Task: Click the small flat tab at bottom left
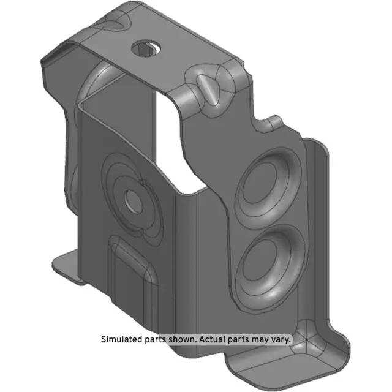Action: [x=67, y=268]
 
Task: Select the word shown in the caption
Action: [x=179, y=339]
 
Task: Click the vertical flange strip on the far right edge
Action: [x=319, y=233]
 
